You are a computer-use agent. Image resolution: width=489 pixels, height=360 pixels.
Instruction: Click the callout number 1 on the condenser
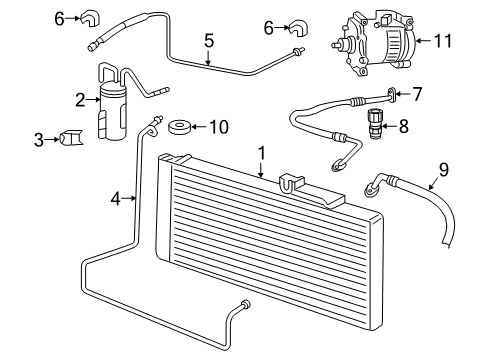[x=261, y=153]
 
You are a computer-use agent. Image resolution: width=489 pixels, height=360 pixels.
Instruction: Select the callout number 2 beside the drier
[x=78, y=98]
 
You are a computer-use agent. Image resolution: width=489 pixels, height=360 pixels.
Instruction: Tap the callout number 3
[x=38, y=139]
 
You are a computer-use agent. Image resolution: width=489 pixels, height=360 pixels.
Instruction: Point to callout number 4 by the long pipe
[x=115, y=198]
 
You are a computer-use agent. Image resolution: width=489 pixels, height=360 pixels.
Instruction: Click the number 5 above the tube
[x=209, y=41]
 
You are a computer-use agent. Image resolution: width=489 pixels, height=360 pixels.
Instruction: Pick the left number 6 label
[x=59, y=17]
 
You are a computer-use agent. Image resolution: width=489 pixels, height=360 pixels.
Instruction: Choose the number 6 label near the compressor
[x=268, y=27]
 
